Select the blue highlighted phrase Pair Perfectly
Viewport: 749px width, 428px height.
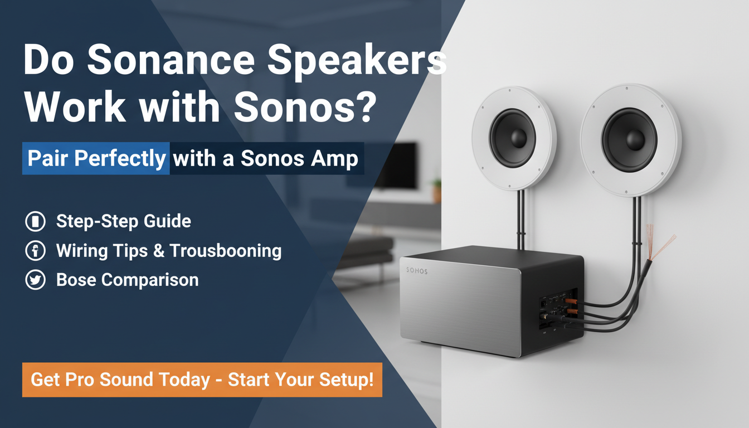(96, 159)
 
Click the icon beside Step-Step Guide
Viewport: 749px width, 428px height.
(36, 222)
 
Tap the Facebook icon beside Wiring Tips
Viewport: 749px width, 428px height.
(36, 251)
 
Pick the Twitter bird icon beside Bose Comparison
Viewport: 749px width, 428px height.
(36, 280)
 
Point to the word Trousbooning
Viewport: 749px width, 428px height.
(225, 251)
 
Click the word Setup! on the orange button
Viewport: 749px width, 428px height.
(346, 380)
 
